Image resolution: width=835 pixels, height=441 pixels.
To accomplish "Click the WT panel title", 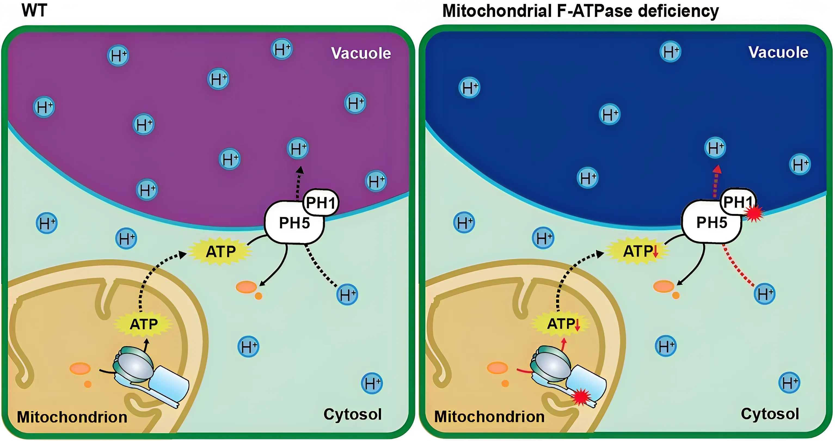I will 34,10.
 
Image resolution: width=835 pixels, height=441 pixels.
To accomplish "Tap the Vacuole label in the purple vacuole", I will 361,53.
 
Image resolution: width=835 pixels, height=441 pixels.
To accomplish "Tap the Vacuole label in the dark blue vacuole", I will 778,52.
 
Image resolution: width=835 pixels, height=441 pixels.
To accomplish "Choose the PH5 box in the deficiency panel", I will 711,223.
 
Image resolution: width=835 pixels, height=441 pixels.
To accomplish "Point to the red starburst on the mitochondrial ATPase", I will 581,397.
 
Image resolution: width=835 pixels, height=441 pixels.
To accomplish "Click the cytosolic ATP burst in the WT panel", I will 221,251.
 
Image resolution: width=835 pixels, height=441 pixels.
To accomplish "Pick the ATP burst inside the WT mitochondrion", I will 144,324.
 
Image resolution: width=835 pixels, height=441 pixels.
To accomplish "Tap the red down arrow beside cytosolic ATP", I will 655,252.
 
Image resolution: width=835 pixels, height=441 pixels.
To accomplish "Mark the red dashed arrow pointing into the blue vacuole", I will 716,182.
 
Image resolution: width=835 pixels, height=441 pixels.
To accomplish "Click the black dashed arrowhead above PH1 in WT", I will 300,170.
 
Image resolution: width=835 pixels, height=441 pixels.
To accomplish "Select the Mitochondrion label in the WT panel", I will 72,417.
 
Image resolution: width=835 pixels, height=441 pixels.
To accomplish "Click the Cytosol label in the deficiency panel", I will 770,414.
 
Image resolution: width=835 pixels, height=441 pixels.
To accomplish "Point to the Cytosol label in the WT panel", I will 352,414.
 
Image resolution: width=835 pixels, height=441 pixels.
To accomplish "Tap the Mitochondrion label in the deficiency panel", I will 489,417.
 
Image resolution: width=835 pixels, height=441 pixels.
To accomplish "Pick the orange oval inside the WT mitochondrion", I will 80,369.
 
